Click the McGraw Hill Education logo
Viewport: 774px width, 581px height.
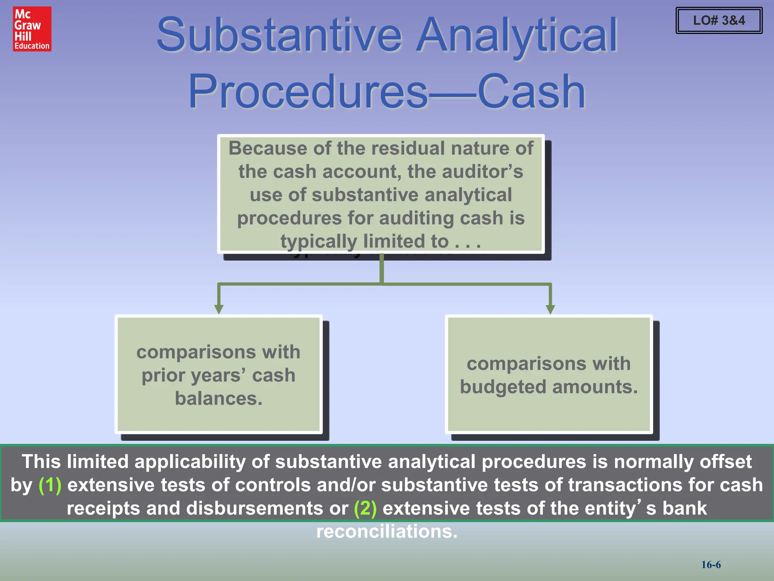32,29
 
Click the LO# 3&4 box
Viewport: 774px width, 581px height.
719,20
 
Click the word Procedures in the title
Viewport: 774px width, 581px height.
308,92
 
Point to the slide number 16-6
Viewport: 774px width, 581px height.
711,565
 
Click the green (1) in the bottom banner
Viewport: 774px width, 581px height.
50,485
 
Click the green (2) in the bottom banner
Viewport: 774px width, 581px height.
365,508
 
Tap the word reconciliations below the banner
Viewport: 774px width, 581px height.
387,531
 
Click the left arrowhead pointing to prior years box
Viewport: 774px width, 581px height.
218,309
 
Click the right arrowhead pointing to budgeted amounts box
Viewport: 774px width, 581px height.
550,309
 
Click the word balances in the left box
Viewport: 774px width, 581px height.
218,399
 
